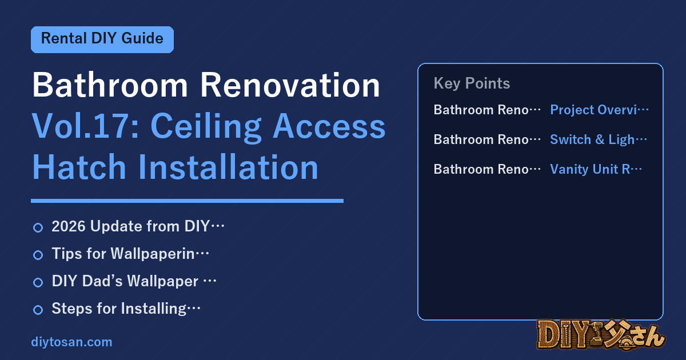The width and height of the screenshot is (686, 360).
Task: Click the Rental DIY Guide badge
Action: click(102, 39)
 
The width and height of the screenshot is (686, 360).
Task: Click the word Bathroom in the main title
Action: click(110, 85)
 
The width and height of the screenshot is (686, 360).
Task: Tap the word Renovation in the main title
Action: click(290, 85)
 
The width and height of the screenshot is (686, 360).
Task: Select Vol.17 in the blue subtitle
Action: click(85, 126)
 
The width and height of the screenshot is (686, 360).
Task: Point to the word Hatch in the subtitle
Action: click(79, 167)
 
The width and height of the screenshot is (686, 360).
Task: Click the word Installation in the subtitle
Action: click(228, 167)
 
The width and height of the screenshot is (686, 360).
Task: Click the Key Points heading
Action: click(472, 83)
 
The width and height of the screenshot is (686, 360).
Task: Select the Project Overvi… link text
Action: click(599, 110)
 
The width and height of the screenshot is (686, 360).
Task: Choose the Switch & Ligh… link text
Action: click(599, 139)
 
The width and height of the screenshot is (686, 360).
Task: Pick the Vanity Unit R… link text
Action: click(596, 169)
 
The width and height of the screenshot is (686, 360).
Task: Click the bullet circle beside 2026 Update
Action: click(38, 228)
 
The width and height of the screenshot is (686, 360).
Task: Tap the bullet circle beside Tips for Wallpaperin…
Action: click(38, 255)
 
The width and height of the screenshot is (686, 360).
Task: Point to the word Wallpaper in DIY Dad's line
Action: click(162, 281)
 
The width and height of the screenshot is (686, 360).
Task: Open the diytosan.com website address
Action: click(71, 342)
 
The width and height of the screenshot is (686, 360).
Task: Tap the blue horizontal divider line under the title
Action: click(187, 201)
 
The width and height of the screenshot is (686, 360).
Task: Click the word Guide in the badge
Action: click(142, 39)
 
